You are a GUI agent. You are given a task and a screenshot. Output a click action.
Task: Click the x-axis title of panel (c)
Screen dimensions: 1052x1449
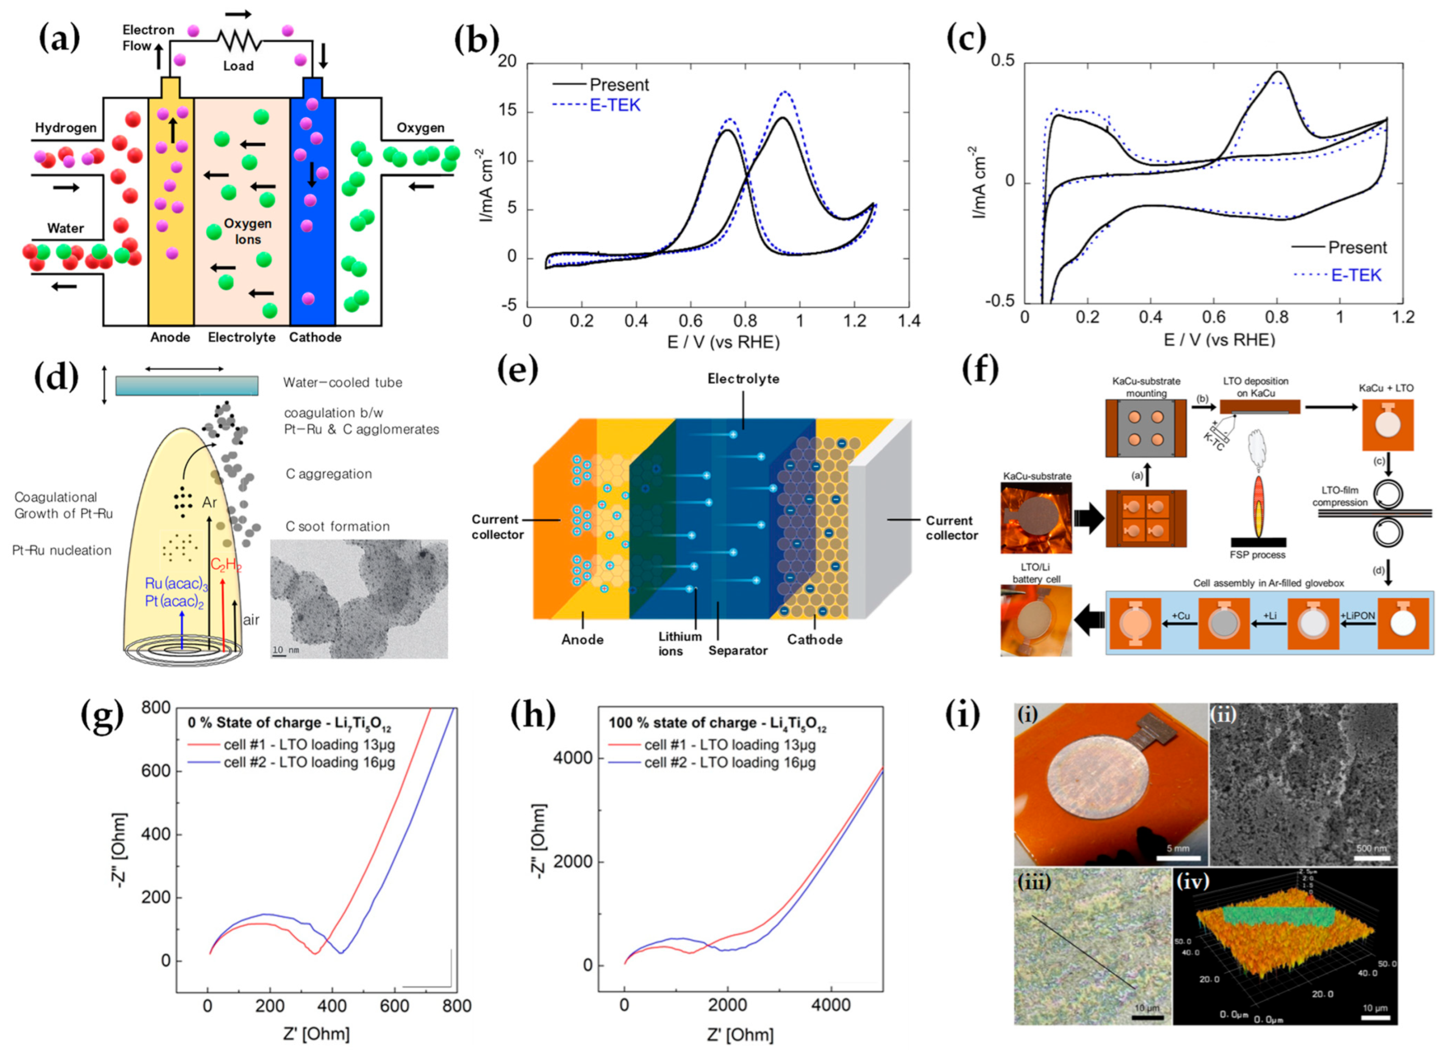1219,339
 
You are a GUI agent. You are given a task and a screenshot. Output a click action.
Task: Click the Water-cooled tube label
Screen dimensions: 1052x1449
342,382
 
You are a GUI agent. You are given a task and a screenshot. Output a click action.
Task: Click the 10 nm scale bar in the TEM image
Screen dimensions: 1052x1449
285,651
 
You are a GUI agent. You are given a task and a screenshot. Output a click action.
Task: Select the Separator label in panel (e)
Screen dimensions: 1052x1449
737,650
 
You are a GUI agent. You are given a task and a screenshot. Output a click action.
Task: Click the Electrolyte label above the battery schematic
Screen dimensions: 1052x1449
743,379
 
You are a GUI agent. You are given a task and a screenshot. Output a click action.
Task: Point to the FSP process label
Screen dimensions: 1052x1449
1257,554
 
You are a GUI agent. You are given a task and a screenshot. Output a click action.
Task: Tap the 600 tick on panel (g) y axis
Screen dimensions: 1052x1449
157,771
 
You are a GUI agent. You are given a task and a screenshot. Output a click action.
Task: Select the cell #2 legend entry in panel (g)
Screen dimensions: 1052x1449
309,762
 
